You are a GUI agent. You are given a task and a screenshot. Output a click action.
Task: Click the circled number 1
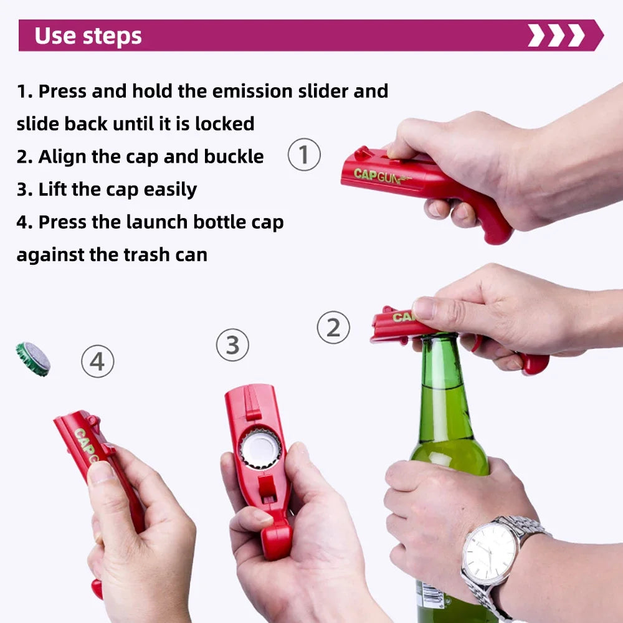pyautogui.click(x=304, y=155)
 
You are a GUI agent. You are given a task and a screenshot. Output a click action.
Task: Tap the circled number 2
pyautogui.click(x=333, y=327)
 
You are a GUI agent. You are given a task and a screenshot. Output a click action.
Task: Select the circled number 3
pyautogui.click(x=232, y=345)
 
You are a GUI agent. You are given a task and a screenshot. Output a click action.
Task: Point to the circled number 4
pyautogui.click(x=98, y=361)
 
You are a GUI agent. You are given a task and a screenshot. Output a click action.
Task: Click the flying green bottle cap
pyautogui.click(x=33, y=359)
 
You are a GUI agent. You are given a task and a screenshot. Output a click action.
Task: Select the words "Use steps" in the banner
pyautogui.click(x=88, y=36)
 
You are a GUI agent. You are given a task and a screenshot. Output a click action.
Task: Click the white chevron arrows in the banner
pyautogui.click(x=556, y=36)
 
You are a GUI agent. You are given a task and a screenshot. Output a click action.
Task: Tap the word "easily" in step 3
pyautogui.click(x=170, y=189)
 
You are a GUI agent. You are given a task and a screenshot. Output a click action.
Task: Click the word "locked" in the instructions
pyautogui.click(x=224, y=123)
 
